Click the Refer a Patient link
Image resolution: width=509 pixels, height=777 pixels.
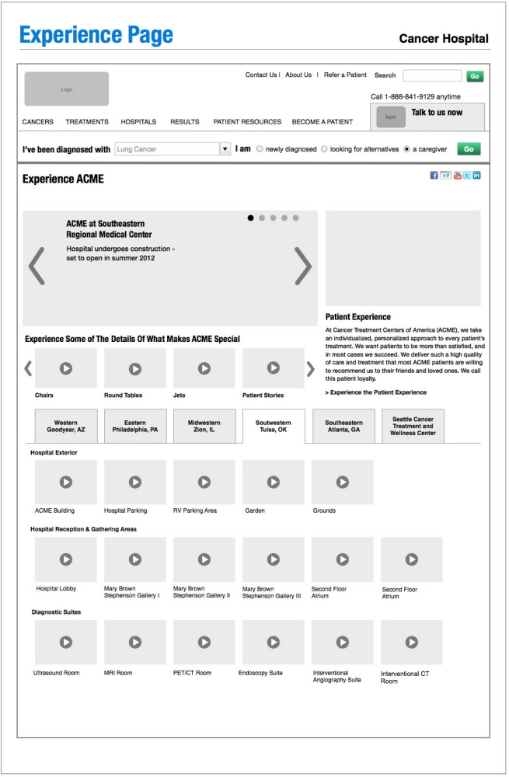pos(345,75)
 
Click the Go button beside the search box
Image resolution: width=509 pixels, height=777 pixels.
pos(474,76)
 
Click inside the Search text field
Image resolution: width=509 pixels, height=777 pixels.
pos(432,76)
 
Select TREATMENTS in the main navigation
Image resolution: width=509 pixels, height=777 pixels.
pos(87,122)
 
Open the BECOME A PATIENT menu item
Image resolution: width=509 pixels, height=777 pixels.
pos(322,122)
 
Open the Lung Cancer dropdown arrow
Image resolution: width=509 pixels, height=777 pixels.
pos(225,149)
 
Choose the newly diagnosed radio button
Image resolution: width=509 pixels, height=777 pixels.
pos(260,149)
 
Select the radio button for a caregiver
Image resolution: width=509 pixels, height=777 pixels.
pos(407,149)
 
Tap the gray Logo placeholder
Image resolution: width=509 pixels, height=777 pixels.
pos(67,89)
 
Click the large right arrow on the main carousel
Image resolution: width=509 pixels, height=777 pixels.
pos(302,267)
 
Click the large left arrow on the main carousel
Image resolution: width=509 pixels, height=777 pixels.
pos(37,267)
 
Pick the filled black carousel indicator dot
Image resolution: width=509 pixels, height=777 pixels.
pos(251,218)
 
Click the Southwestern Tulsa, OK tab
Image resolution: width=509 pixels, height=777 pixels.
pos(274,427)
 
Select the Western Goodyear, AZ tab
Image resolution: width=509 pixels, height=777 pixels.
pos(65,427)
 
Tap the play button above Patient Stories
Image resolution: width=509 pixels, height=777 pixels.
pos(274,368)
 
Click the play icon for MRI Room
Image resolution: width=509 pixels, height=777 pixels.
pos(135,642)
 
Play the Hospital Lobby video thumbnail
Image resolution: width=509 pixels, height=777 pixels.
pos(66,559)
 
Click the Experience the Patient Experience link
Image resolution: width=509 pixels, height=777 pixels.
pos(376,392)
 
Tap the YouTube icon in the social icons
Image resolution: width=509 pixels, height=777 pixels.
pos(458,176)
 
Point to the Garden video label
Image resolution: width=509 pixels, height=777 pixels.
pos(255,510)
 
